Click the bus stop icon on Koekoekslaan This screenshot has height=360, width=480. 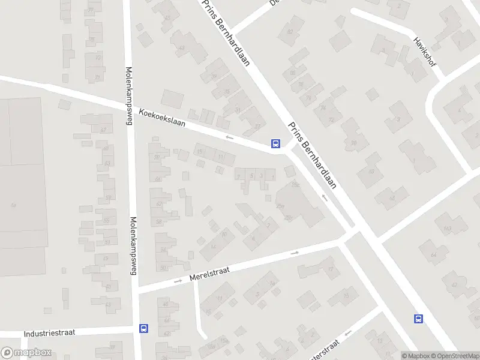(275, 143)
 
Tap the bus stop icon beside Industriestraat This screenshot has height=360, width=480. (143, 328)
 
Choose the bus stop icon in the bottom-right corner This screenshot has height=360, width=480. (418, 319)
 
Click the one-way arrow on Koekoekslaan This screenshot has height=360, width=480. (229, 137)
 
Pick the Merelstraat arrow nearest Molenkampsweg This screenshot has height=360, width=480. (178, 280)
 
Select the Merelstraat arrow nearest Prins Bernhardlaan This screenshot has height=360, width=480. (295, 253)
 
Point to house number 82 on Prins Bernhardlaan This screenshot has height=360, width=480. (291, 32)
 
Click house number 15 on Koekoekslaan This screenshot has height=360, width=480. (200, 152)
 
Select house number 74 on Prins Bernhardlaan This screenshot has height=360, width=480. (323, 108)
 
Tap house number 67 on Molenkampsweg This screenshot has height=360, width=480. (104, 130)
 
